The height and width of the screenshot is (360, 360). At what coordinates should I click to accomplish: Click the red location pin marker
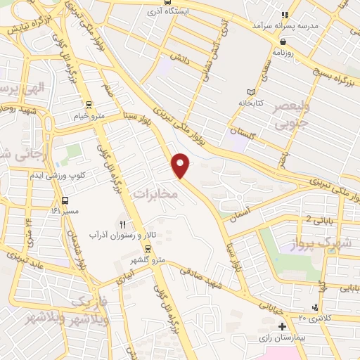(181, 165)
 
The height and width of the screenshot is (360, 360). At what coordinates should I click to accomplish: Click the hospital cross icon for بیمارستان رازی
(282, 327)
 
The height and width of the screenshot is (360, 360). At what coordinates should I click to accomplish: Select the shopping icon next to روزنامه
(282, 41)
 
